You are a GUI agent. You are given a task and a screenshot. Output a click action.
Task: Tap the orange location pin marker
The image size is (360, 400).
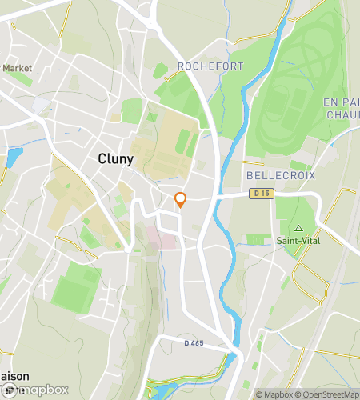[181, 200]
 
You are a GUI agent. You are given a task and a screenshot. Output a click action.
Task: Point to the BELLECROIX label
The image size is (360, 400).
[281, 175]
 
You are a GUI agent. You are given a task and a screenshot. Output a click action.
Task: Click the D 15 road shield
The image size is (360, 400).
[259, 193]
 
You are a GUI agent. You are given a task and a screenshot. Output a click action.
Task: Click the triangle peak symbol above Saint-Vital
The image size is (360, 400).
[299, 228]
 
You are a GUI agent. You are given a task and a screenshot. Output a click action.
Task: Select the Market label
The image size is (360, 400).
[17, 69]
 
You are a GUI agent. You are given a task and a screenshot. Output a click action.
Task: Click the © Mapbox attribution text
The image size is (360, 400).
[274, 394]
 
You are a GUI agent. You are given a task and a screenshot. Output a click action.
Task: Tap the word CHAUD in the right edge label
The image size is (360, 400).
[342, 115]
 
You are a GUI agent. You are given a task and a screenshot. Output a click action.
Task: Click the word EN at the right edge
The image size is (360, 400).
[331, 102]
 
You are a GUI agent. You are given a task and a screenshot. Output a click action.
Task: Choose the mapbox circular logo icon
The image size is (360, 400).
[9, 390]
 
